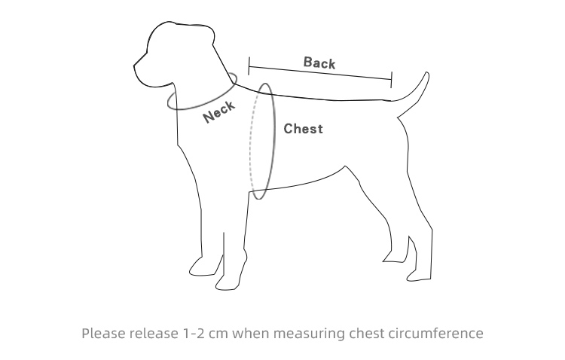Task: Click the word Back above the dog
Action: coord(319,63)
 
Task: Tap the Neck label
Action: coord(219,111)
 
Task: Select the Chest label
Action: coord(303,129)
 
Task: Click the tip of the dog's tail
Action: coord(426,75)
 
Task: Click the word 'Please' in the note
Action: coord(104,333)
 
